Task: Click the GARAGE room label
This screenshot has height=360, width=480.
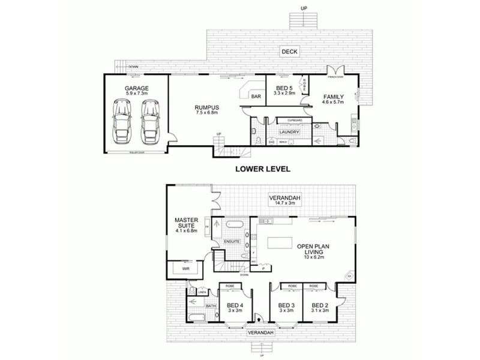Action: (137, 88)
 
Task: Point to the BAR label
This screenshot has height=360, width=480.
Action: (256, 96)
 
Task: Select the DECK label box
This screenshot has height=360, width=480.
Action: (289, 52)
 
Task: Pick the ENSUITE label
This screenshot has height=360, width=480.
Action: (232, 241)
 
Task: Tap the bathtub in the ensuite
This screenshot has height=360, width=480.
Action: (232, 227)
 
